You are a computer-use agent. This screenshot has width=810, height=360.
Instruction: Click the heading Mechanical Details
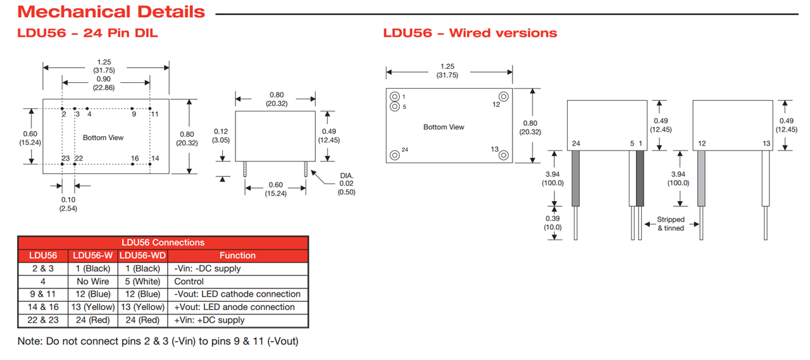click(x=111, y=11)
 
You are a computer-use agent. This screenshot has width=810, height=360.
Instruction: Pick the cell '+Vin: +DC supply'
click(x=210, y=320)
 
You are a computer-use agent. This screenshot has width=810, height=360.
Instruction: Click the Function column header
click(x=237, y=256)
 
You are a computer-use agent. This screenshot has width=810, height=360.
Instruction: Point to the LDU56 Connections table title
click(x=163, y=242)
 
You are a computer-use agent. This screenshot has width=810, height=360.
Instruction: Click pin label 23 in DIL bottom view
click(x=65, y=158)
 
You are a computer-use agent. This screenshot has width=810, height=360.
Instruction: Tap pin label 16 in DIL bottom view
click(x=135, y=158)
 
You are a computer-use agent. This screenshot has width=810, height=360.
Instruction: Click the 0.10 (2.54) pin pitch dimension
click(x=68, y=204)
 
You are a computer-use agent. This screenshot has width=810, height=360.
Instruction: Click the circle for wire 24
click(x=395, y=154)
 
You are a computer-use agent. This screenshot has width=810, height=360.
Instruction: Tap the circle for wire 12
click(x=504, y=96)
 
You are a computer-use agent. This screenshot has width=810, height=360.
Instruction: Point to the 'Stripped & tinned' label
click(x=671, y=224)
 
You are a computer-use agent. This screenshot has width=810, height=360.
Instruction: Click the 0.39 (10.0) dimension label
click(x=552, y=223)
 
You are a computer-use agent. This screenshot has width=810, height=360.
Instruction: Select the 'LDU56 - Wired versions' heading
click(x=470, y=33)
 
